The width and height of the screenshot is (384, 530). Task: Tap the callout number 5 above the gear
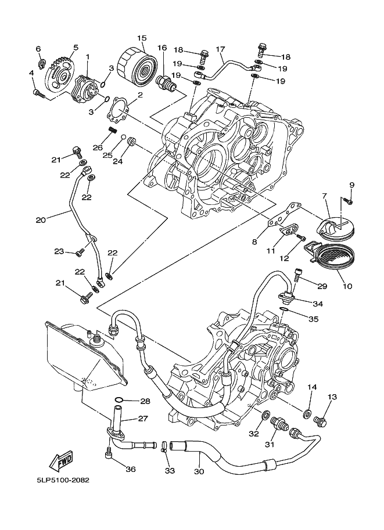pyautogui.click(x=76, y=47)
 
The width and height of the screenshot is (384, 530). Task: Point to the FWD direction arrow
pyautogui.click(x=60, y=462)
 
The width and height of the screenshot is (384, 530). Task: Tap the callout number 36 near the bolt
pyautogui.click(x=130, y=469)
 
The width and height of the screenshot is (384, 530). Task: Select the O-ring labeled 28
pyautogui.click(x=119, y=401)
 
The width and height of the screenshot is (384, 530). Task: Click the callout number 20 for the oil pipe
pyautogui.click(x=40, y=220)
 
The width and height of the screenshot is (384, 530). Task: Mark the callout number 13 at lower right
pyautogui.click(x=332, y=397)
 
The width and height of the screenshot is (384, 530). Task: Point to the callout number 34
pyautogui.click(x=318, y=303)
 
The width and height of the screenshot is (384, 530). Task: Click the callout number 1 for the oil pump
pyautogui.click(x=87, y=57)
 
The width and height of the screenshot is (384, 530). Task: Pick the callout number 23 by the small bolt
pyautogui.click(x=59, y=251)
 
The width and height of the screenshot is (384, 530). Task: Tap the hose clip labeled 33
pyautogui.click(x=164, y=446)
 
